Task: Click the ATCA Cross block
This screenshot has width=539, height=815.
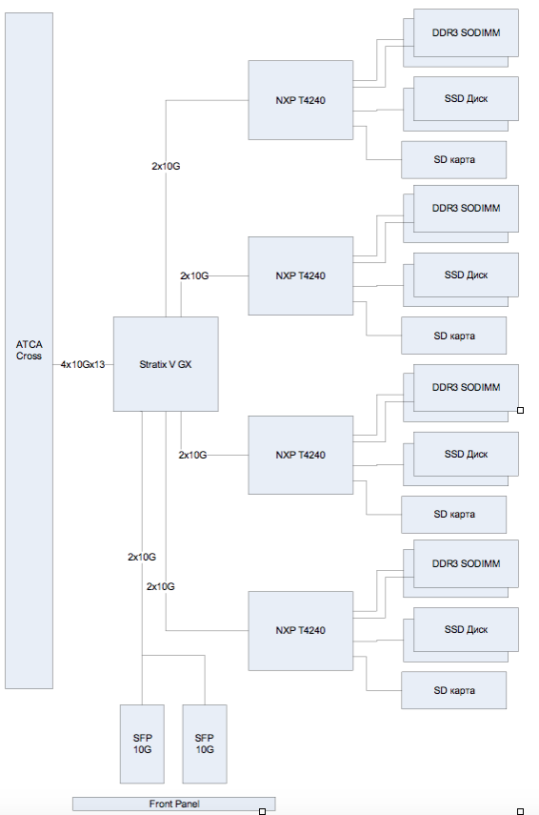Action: (x=30, y=351)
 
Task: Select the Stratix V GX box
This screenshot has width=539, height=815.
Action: (x=166, y=364)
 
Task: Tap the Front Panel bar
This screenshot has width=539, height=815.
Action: (x=174, y=804)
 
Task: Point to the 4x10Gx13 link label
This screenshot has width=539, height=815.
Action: (x=83, y=364)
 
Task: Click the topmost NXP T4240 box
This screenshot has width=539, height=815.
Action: (x=301, y=100)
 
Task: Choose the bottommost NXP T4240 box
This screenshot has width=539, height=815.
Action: (x=301, y=630)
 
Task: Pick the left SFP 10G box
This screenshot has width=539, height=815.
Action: (x=142, y=744)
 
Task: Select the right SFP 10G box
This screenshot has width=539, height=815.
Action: (x=205, y=744)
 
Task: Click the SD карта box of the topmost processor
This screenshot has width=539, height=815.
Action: (x=454, y=159)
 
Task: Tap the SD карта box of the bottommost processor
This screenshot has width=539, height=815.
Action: (x=454, y=690)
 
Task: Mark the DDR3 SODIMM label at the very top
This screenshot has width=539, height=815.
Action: (x=467, y=32)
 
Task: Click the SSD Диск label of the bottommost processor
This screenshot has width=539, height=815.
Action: (x=467, y=629)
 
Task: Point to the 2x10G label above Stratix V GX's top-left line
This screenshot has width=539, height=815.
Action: (x=166, y=166)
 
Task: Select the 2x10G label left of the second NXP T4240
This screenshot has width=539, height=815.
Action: (x=194, y=276)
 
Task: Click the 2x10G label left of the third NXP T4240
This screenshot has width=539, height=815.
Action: (x=192, y=455)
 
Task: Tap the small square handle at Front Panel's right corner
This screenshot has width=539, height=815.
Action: (x=262, y=811)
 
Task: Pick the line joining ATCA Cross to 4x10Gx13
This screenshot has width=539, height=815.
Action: (x=56, y=364)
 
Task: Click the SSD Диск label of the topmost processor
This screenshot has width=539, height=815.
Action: (x=467, y=98)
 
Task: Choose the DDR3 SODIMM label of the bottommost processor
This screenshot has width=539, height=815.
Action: (x=467, y=563)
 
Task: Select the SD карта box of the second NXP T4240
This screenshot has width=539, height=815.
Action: (x=454, y=336)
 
